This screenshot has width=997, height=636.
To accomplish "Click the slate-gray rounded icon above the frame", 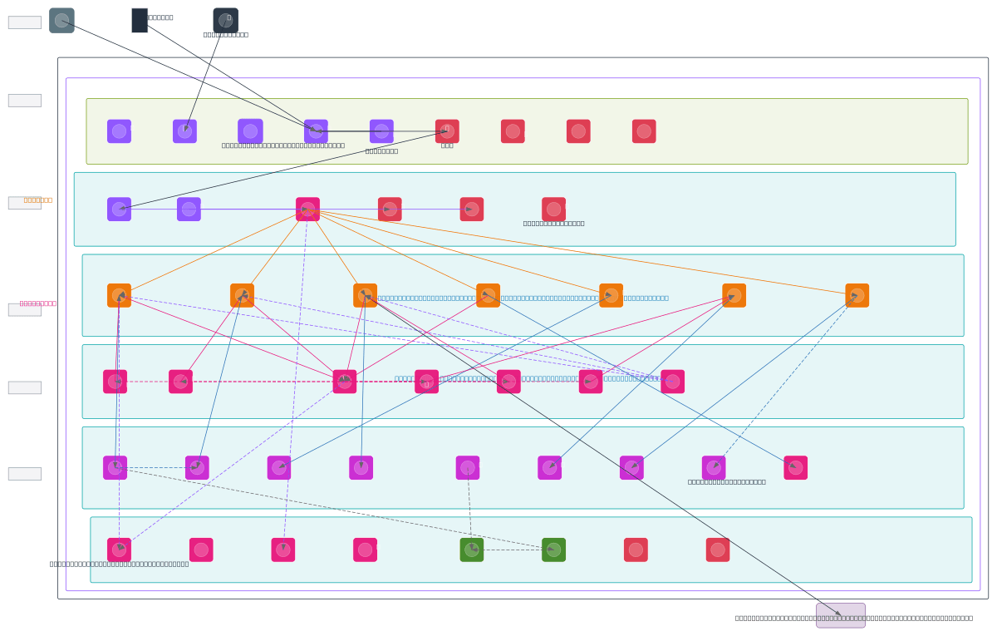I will [x=61, y=21].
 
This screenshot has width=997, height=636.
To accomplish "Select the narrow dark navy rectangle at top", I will [x=140, y=21].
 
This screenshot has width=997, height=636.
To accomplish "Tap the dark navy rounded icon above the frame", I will [x=225, y=21].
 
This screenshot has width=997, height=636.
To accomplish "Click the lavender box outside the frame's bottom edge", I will [x=840, y=615].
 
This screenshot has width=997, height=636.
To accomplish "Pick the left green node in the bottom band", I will [x=472, y=550].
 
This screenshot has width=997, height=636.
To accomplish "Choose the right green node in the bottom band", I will [x=553, y=550].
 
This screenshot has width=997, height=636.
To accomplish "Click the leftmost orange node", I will [x=119, y=295].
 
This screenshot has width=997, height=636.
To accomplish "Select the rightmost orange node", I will [x=857, y=295].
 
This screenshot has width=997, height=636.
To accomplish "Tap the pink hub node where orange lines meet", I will [x=307, y=209].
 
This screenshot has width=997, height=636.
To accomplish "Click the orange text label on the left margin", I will [x=38, y=200].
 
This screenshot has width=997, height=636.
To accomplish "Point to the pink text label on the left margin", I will [x=38, y=303].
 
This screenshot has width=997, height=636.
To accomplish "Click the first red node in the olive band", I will [x=447, y=131].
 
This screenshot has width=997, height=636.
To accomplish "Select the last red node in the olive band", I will [x=644, y=131].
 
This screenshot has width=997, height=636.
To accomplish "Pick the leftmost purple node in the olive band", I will [x=119, y=131].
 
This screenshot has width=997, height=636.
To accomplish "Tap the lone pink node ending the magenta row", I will [x=795, y=467].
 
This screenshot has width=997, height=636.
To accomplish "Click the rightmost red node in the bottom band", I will [x=718, y=550].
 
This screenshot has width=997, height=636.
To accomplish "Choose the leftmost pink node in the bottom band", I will [x=119, y=550].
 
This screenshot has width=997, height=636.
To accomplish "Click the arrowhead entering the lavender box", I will [x=837, y=613].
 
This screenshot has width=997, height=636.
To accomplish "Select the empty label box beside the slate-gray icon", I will [x=25, y=22].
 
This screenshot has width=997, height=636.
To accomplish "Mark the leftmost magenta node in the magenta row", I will [x=115, y=467].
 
